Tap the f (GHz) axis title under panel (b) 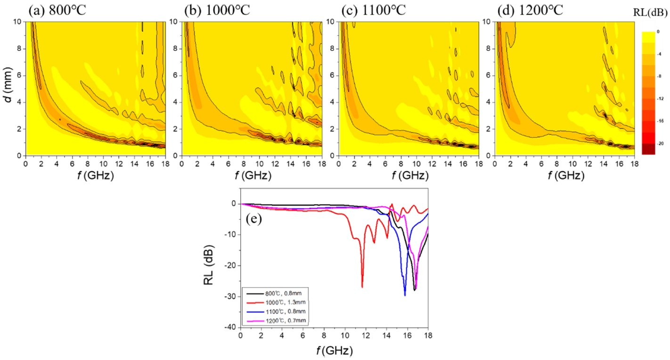(253, 176)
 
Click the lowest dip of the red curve (362, 287)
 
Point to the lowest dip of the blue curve (405, 295)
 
